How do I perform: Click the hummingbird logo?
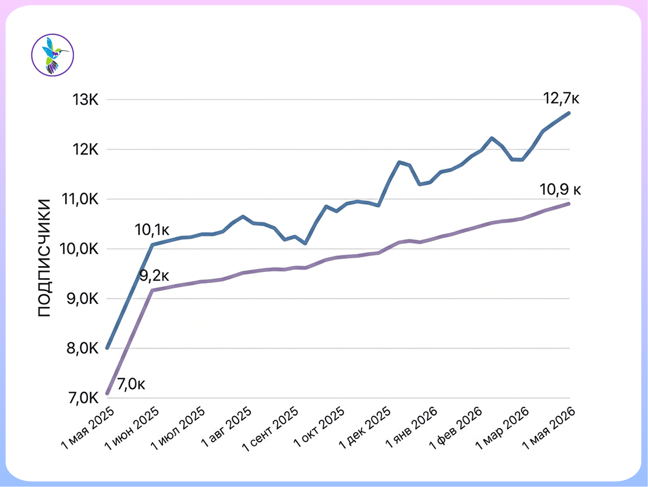(52, 55)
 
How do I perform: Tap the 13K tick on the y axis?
(86, 100)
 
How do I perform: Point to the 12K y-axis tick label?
(86, 149)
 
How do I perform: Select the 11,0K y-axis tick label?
(80, 199)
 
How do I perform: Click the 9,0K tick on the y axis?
(83, 299)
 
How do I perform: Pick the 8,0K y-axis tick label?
(83, 348)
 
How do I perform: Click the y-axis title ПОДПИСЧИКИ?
(44, 258)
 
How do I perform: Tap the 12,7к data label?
(561, 99)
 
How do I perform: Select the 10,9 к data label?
(560, 189)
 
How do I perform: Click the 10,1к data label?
(152, 230)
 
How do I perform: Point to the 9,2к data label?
(154, 276)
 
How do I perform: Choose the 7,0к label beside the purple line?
(131, 384)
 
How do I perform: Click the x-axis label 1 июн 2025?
(132, 428)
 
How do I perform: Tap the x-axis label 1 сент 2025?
(270, 428)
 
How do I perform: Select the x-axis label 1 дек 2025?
(365, 428)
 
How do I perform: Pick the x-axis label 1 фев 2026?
(456, 428)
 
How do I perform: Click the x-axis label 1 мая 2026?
(549, 428)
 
